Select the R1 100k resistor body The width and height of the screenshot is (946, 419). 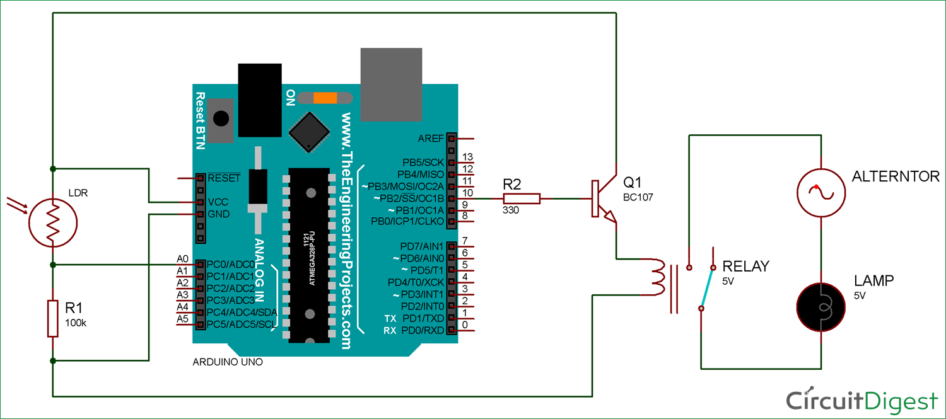coord(54,318)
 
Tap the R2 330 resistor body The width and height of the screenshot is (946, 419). coord(522,198)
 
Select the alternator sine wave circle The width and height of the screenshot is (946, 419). coord(820,193)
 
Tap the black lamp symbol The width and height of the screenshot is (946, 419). coord(820,307)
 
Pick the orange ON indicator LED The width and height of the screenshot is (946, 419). coord(325,98)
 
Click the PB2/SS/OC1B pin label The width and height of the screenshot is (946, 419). coord(408,198)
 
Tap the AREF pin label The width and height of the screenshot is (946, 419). coord(431,138)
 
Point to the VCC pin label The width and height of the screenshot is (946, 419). coord(218,202)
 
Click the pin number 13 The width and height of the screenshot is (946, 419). coord(467,157)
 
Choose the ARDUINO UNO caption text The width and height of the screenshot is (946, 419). coord(227,363)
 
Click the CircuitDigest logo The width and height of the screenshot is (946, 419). coord(861,400)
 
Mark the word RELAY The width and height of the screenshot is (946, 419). coord(745,267)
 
